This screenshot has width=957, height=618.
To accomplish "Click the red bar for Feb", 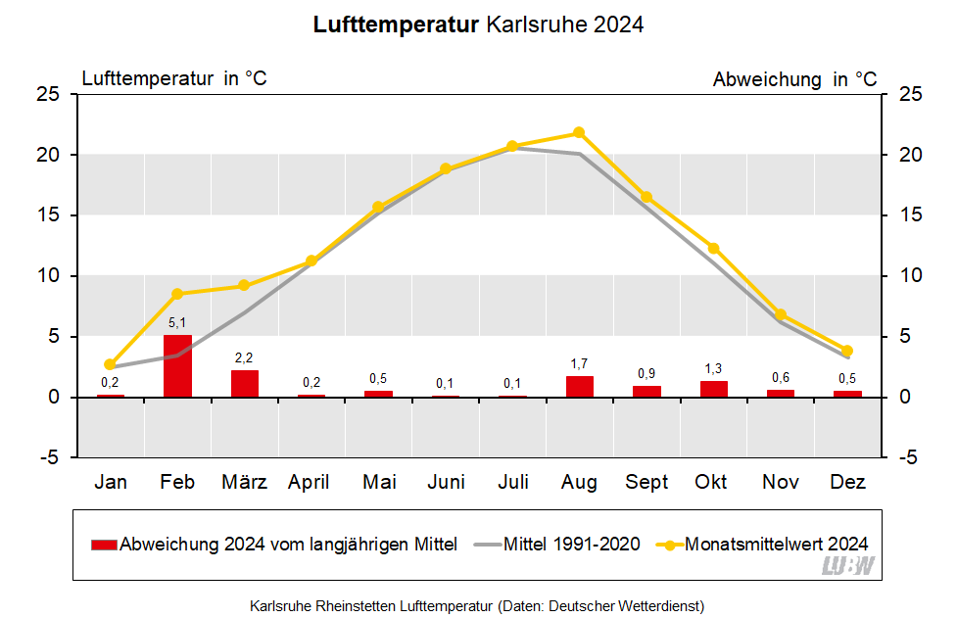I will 177,366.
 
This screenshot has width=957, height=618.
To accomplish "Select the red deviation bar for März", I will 245,384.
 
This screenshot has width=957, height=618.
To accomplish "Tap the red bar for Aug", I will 580,387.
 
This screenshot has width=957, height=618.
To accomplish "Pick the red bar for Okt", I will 714,389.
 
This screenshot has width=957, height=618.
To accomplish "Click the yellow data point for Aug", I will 579,132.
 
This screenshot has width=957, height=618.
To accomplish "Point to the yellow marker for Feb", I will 177,294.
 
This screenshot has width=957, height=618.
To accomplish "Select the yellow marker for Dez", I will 847,351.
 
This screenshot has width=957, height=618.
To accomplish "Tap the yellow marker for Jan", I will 111,364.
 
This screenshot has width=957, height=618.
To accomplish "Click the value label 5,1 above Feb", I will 177,322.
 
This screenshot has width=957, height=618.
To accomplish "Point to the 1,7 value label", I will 580,364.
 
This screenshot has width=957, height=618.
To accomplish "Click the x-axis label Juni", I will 446,482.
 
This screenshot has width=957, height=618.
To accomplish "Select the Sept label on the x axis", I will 646,482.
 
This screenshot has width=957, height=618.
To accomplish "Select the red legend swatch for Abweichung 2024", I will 103,545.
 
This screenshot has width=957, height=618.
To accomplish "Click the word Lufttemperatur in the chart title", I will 396,24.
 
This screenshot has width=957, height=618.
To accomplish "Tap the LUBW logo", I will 848,566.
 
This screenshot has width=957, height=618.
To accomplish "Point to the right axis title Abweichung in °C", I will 794,79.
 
